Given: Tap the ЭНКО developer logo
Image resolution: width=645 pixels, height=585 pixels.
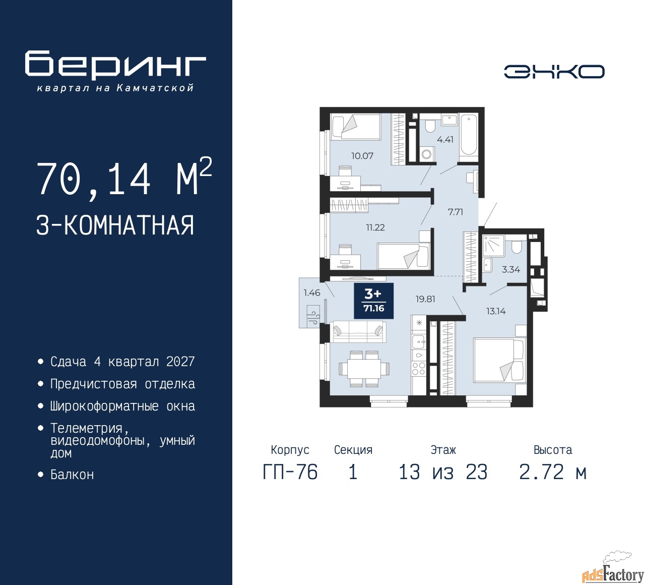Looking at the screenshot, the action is point(554,72).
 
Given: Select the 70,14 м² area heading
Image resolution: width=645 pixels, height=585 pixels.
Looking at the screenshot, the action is point(124,178).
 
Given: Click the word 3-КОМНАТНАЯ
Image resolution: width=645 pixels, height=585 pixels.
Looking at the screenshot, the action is point(115,225).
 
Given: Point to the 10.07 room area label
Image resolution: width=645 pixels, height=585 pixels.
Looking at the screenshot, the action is point(362,156).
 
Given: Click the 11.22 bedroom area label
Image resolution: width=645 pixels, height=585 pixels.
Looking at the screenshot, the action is point(375,227).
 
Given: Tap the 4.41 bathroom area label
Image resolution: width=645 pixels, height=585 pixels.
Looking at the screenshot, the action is point(445,140).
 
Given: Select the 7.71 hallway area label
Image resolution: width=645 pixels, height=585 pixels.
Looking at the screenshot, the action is point(456,212).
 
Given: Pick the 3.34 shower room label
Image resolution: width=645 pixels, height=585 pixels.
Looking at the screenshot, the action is point(511,269).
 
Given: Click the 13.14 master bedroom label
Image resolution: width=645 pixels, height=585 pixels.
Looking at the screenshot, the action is point(496,311).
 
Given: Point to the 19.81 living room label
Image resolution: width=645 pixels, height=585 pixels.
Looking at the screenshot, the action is point(425,299).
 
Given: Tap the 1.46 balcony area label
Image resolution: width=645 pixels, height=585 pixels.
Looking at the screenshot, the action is point(312,292).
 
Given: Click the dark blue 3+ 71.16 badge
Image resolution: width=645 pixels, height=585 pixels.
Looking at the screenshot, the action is point(373,301).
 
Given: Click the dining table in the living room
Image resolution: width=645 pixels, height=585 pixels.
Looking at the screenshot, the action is point(364,369).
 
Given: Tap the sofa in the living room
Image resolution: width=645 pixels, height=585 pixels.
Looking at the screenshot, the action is point(358,331).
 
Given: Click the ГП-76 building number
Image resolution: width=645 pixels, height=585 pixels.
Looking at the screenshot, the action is point(290,472).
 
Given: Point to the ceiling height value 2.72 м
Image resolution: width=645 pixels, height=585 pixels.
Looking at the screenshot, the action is point(553,472).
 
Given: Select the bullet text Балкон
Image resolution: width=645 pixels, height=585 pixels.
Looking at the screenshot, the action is point(72,475).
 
